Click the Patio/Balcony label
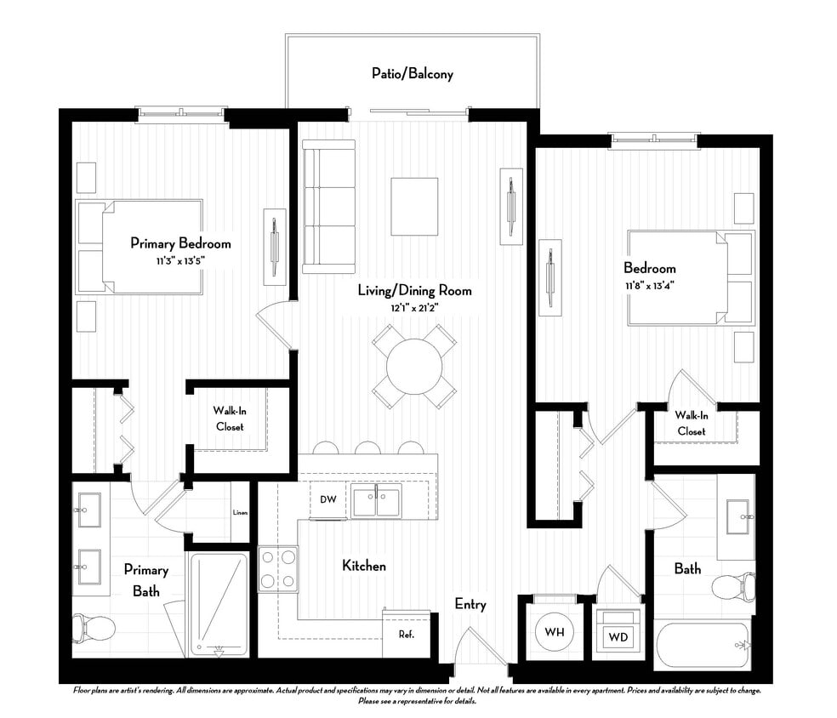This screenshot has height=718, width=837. (x=413, y=74)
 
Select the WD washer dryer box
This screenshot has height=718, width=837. (x=618, y=635)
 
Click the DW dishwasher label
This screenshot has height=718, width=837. (x=328, y=500)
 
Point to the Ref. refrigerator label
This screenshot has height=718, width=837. (x=406, y=635)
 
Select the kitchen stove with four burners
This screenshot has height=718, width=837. (x=278, y=568)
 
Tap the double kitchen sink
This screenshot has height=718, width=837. (x=377, y=502)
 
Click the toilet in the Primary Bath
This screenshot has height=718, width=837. (x=94, y=629)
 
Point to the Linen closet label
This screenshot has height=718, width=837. (x=241, y=512)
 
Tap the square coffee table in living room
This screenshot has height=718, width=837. (x=414, y=208)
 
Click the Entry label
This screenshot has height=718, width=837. (x=470, y=604)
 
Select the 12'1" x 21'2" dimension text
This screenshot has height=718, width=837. (x=414, y=307)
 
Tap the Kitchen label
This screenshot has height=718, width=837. (x=364, y=565)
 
